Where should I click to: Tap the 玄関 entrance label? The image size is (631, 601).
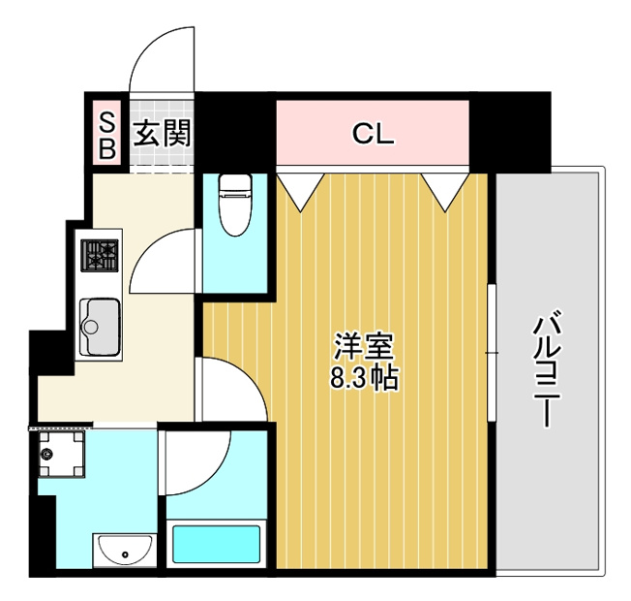(x=162, y=134)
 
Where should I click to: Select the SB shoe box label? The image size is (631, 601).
(x=107, y=136)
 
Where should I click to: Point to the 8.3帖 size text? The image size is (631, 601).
(x=364, y=378)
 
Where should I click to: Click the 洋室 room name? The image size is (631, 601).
(x=363, y=347)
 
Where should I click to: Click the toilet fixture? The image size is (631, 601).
(x=235, y=205)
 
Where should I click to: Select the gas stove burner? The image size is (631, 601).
(x=100, y=256)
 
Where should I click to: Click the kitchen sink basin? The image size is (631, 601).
(x=100, y=327)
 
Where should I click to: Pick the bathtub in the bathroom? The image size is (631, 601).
(x=216, y=544)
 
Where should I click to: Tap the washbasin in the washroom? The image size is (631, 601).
(x=125, y=551)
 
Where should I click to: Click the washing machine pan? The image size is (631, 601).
(x=61, y=455)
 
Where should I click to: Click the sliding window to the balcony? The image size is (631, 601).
(x=492, y=353)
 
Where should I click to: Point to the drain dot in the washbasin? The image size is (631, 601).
(x=125, y=554)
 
